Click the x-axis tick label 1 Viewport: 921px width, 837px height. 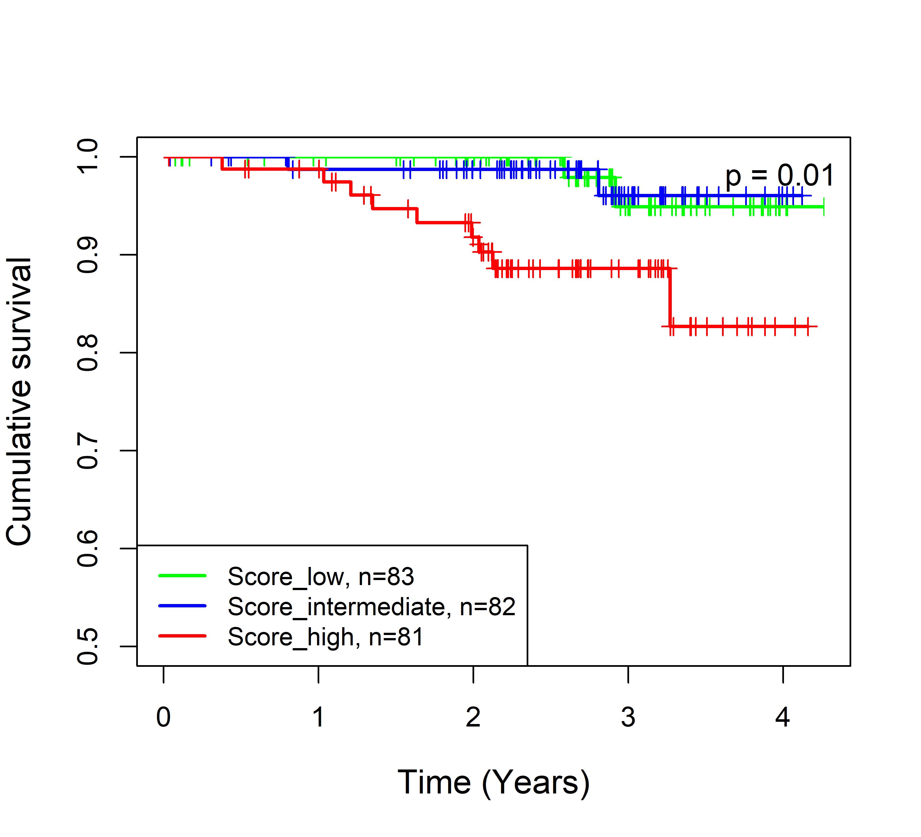(x=318, y=717)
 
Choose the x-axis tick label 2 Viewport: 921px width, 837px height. (x=473, y=717)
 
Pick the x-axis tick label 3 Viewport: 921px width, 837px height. (x=628, y=717)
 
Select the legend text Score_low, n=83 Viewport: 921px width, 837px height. (x=321, y=577)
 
